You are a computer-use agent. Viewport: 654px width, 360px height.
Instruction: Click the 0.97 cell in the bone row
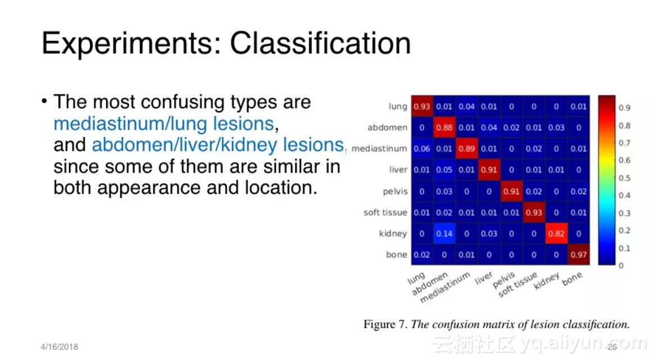point(579,254)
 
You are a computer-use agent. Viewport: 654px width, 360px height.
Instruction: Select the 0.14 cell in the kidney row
point(444,234)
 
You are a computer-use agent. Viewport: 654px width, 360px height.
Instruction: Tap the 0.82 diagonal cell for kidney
point(556,234)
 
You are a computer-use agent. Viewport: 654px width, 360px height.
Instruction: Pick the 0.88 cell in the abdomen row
point(444,127)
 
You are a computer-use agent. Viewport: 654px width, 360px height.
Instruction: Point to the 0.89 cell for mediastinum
point(467,148)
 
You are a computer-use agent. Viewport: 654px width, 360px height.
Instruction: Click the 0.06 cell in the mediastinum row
point(422,148)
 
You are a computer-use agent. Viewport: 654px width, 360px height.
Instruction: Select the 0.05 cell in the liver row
point(444,170)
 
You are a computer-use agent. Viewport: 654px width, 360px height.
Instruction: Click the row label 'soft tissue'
point(385,212)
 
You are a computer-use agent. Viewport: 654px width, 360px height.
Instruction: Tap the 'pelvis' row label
point(395,192)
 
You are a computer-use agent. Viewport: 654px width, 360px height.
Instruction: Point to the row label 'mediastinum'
point(379,148)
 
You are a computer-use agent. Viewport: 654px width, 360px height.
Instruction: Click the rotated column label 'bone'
point(571,279)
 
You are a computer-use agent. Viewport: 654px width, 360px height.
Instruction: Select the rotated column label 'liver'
point(484,278)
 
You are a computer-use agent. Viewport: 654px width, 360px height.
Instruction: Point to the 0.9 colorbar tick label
point(624,108)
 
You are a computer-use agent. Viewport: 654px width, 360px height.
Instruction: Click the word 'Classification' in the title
point(320,43)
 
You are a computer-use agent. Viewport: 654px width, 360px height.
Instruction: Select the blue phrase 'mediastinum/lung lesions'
point(163,124)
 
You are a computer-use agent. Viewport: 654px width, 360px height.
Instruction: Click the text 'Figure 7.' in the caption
point(385,325)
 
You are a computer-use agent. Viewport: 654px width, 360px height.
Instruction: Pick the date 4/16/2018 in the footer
point(59,347)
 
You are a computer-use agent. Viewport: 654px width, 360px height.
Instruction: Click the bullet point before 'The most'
point(44,101)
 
